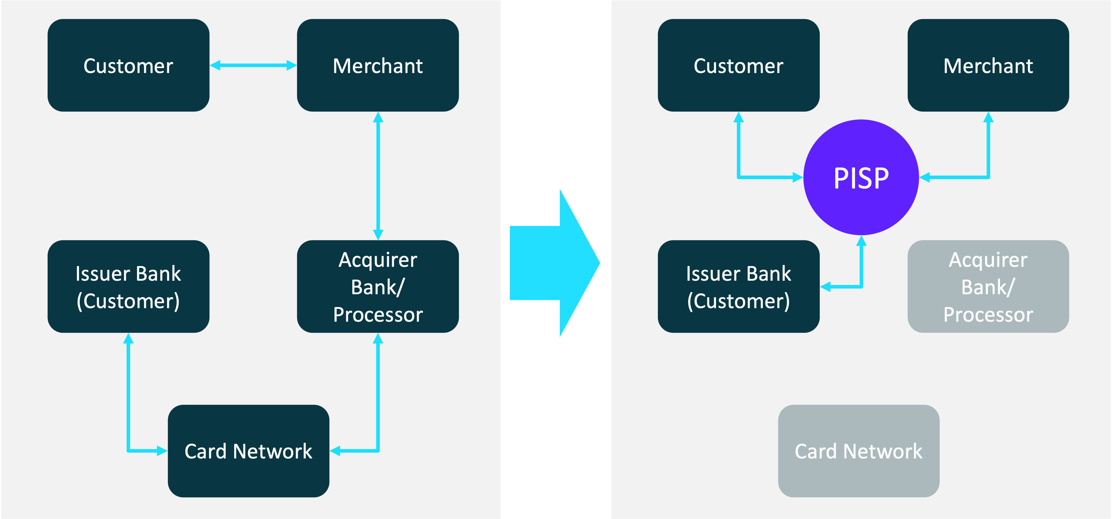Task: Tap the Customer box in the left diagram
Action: coord(128,65)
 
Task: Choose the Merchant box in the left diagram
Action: coord(378,65)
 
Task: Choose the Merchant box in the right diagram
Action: coord(988,65)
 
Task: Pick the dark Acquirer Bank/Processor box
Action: coord(378,286)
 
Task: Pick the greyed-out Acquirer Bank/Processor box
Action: coord(988,286)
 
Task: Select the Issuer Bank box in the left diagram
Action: coord(128,286)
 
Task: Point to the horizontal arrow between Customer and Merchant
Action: coord(253,65)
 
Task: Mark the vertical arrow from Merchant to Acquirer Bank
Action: coord(378,176)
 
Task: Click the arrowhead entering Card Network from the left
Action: coord(162,451)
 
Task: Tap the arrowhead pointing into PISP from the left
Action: coord(798,177)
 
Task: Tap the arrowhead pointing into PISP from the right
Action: coord(925,177)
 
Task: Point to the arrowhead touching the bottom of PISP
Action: coord(861,241)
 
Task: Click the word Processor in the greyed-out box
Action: coord(988,315)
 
